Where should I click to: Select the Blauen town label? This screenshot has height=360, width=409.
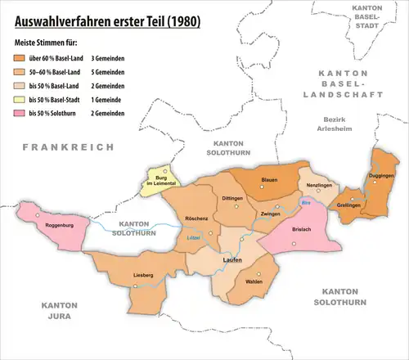point(269,180)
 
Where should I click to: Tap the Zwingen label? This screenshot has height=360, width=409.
point(270,214)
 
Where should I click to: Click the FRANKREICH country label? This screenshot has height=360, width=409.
point(56,146)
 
